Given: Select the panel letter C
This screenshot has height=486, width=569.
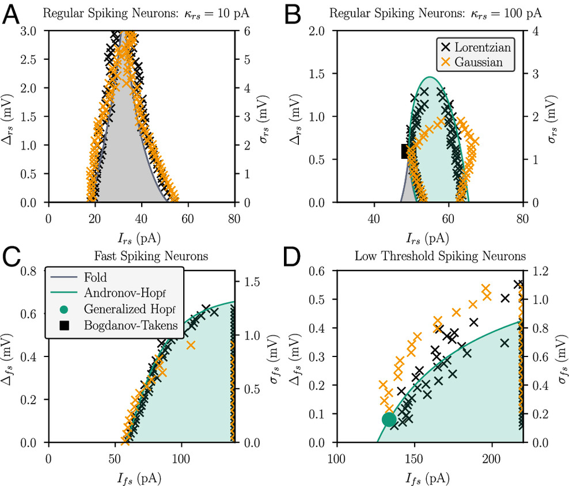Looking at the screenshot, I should pyautogui.click(x=13, y=257).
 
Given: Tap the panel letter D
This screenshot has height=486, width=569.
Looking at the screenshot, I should pyautogui.click(x=298, y=257).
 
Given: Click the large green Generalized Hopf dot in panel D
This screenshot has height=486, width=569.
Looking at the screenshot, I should pyautogui.click(x=389, y=420).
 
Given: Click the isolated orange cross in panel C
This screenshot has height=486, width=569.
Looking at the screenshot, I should pyautogui.click(x=191, y=345).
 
